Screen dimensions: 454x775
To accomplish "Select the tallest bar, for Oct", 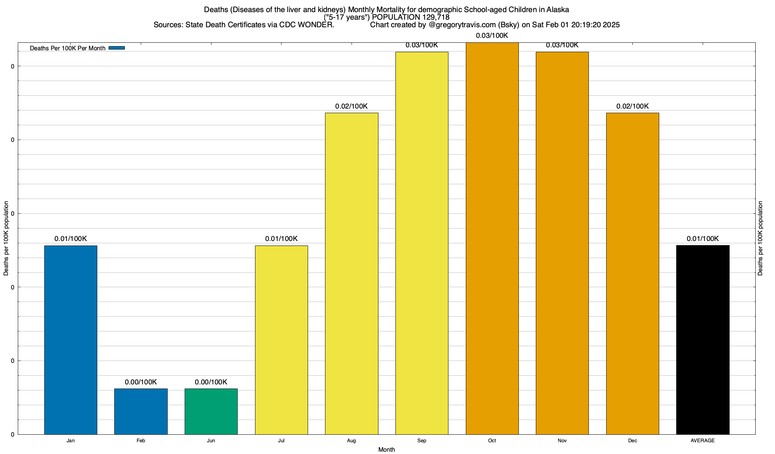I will (x=492, y=238).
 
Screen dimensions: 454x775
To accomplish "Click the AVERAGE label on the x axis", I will (x=703, y=440).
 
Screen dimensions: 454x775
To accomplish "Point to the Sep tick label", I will (x=422, y=440).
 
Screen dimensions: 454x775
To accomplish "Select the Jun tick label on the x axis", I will (x=211, y=440).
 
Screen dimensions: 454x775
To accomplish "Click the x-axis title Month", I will (x=386, y=449).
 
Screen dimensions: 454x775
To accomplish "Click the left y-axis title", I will (x=6, y=238).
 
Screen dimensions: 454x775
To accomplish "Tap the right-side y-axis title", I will (x=760, y=238).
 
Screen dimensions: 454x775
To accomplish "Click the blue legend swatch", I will (x=117, y=48).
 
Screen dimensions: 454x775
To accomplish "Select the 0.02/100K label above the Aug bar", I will (x=352, y=106).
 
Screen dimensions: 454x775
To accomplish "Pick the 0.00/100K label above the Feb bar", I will (x=141, y=382).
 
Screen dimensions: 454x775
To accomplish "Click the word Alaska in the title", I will (x=558, y=9).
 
